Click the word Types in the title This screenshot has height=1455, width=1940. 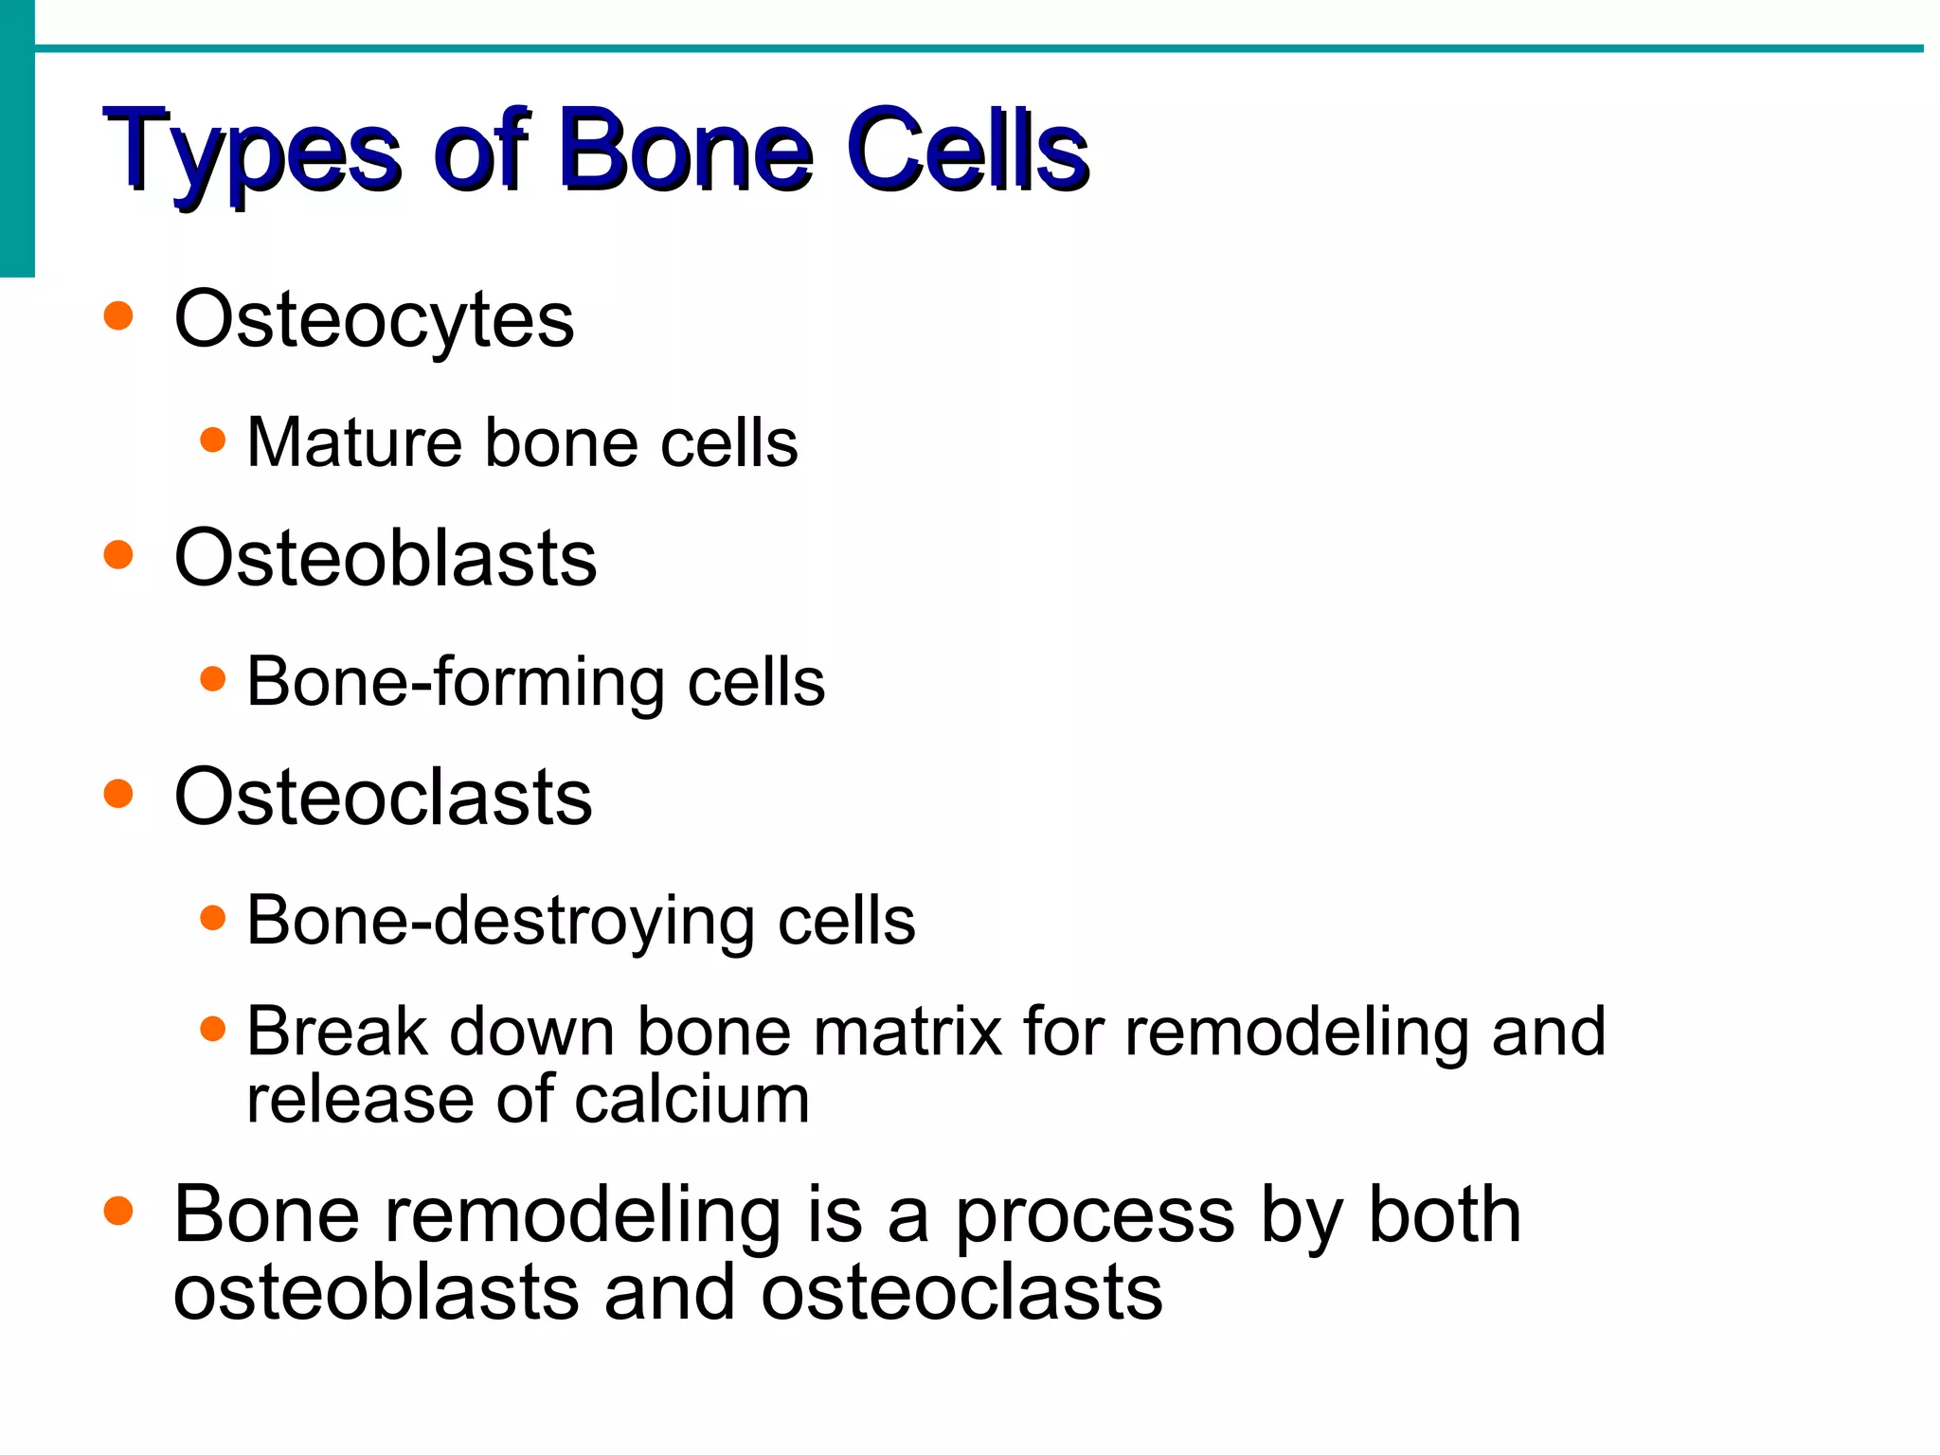253,152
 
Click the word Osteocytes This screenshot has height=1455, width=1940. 374,320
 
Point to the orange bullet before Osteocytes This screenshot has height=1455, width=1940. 118,315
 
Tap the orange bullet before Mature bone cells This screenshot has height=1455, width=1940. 214,440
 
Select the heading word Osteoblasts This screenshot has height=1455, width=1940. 386,558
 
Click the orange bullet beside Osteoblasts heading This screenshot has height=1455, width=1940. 118,554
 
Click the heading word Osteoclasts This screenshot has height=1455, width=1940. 383,797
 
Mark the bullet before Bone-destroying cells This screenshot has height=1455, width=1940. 214,917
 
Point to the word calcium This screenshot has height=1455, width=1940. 692,1100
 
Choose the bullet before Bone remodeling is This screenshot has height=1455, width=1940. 118,1211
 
